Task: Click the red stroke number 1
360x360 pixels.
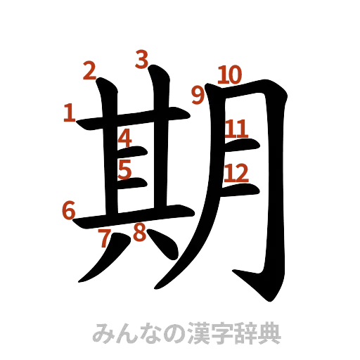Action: [x=69, y=112]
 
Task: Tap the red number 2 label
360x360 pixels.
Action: [x=89, y=70]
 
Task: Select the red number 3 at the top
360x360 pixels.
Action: [x=143, y=59]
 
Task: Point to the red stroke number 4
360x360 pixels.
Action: [x=125, y=138]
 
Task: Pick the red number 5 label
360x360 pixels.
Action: [x=125, y=169]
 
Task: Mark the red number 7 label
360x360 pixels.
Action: [x=105, y=238]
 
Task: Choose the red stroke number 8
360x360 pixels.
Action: [x=139, y=233]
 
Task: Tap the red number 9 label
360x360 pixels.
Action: [x=199, y=95]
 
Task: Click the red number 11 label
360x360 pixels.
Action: [x=236, y=128]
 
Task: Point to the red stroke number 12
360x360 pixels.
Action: [x=236, y=172]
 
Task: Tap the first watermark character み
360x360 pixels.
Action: [x=103, y=332]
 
